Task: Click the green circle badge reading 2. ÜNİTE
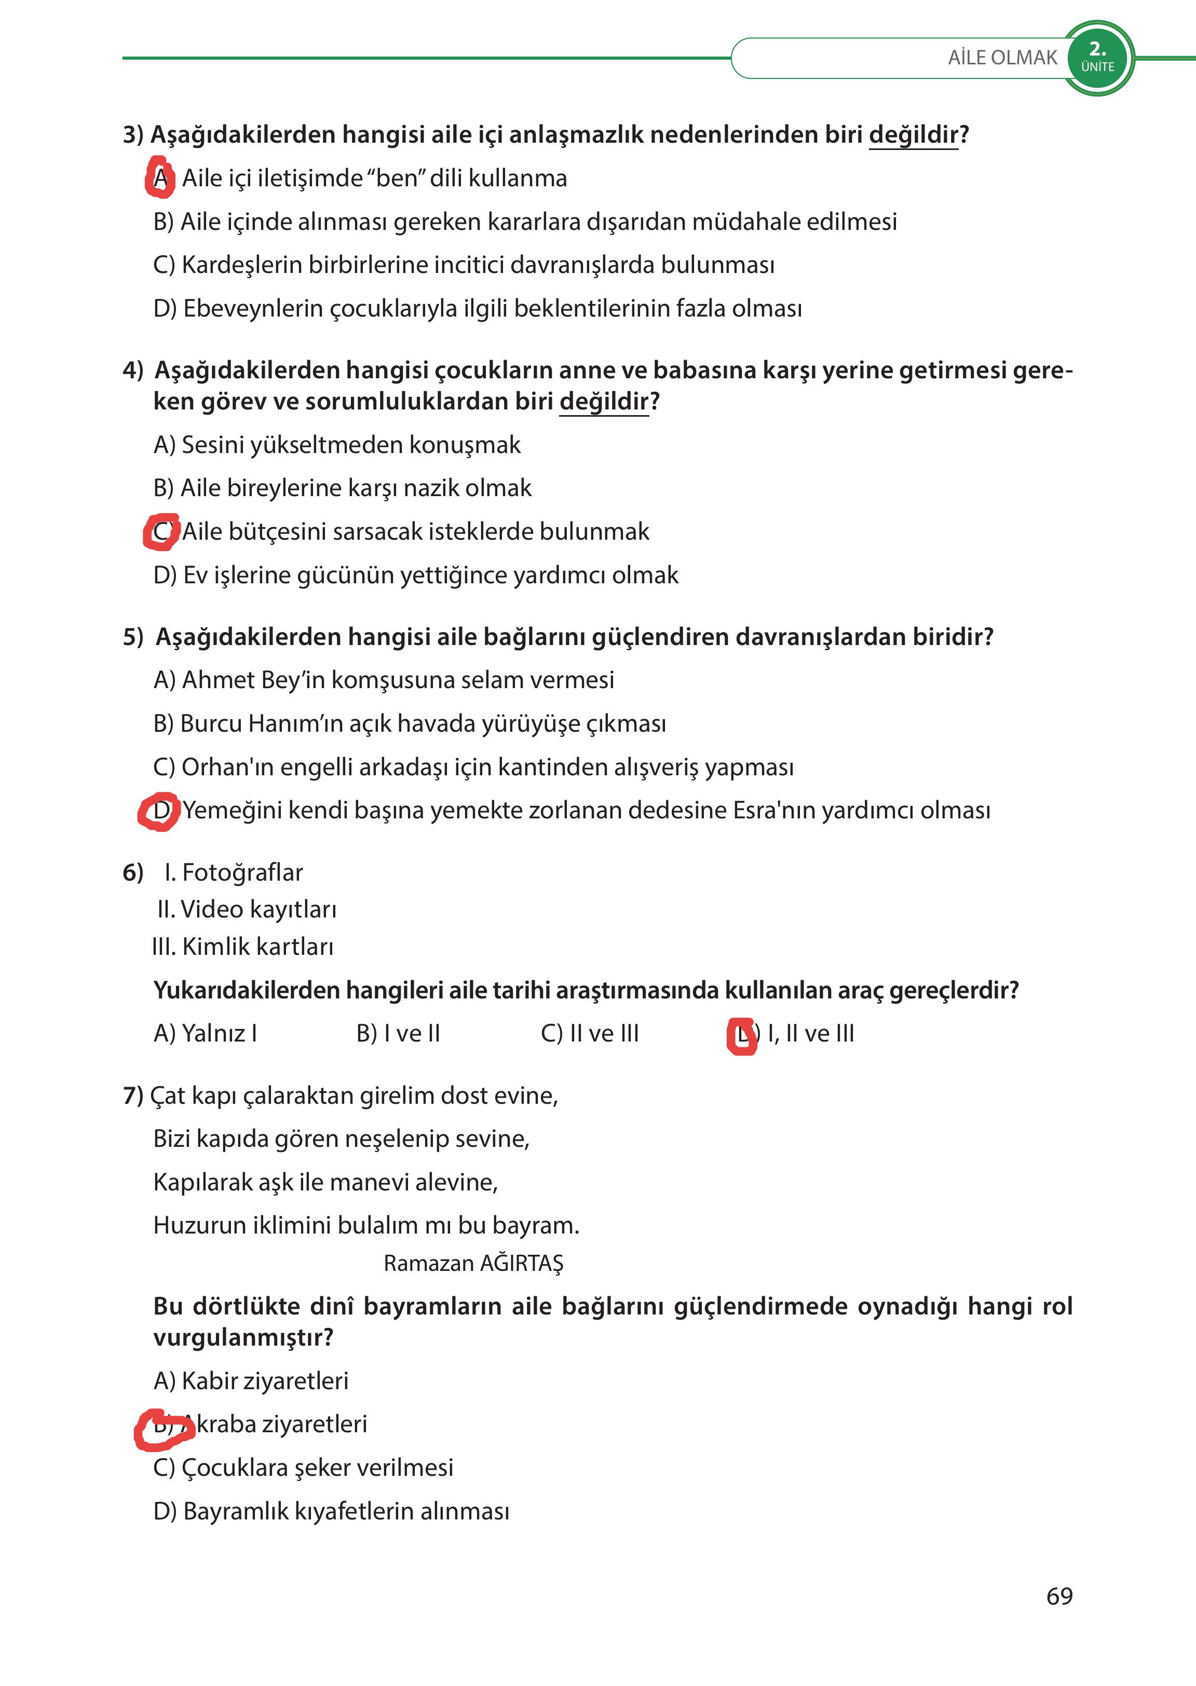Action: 1097,58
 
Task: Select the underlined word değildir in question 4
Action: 604,401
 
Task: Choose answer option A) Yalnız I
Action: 206,1034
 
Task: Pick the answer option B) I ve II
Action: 398,1034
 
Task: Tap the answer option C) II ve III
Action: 589,1034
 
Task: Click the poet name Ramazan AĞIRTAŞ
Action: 473,1264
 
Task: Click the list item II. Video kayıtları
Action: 247,909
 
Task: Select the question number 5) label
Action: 133,637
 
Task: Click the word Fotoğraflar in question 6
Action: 242,872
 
